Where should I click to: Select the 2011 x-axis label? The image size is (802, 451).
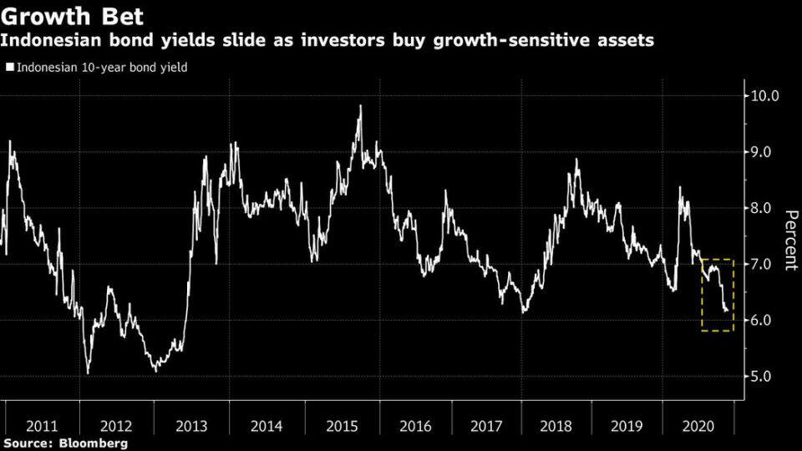coord(43,425)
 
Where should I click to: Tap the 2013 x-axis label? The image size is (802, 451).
coord(192,425)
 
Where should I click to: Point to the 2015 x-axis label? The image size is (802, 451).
coord(341,425)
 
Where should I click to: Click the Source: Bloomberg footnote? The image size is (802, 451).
coord(65,443)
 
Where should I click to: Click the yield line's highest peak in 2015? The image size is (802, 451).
coord(360,106)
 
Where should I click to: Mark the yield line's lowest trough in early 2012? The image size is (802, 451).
coord(87,373)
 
